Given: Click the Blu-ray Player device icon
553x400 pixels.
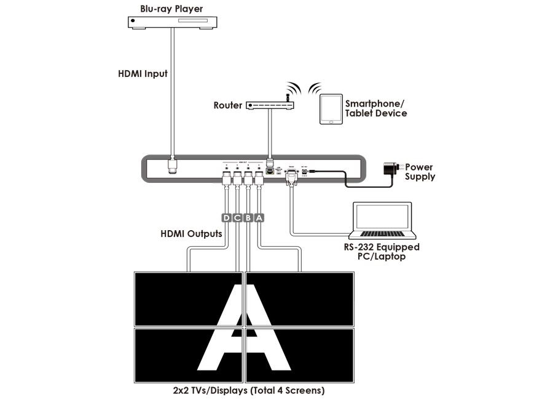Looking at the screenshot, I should click(x=174, y=22).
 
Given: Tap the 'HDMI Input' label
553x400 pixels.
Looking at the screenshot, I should click(x=143, y=74).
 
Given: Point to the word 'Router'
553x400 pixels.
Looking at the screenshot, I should click(x=228, y=106).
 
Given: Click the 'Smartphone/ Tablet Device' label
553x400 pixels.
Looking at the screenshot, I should click(x=375, y=109).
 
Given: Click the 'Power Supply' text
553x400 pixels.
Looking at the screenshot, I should click(x=419, y=172).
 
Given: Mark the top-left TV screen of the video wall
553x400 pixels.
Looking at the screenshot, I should click(x=189, y=299).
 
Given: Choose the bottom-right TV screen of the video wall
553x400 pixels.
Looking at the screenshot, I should click(x=300, y=356).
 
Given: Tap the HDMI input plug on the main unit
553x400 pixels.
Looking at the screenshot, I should click(x=174, y=166).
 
